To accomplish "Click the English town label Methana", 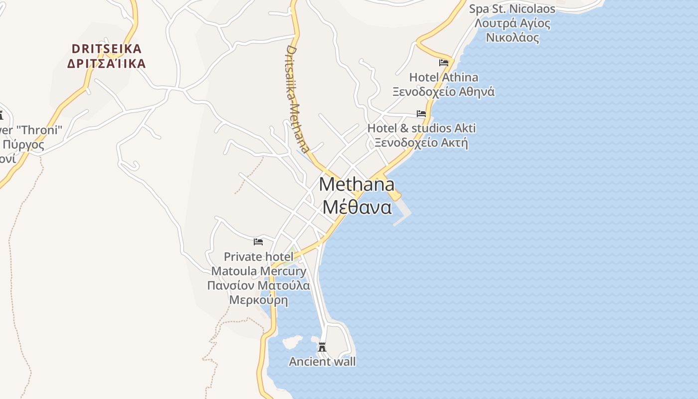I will (x=356, y=184).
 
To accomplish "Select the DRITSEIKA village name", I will (x=107, y=49).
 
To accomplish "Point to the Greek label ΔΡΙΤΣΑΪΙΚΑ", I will (x=107, y=64).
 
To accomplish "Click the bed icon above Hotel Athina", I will (x=444, y=63).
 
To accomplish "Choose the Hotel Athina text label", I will (x=443, y=77).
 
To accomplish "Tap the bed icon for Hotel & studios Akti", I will (x=421, y=114).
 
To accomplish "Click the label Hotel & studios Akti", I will (x=421, y=128).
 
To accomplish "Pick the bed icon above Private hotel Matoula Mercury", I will (x=258, y=242).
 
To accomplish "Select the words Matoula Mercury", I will (x=259, y=271).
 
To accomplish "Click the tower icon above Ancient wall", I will (x=322, y=347).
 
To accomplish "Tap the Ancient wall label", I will (x=322, y=362).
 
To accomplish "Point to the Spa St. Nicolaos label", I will (x=512, y=9).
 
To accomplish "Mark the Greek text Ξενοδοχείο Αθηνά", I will (x=443, y=92).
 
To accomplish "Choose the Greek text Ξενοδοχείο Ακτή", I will (x=421, y=143).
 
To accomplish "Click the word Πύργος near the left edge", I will (x=23, y=145).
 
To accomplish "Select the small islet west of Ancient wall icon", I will (x=292, y=342).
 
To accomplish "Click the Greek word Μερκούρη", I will (x=259, y=300).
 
